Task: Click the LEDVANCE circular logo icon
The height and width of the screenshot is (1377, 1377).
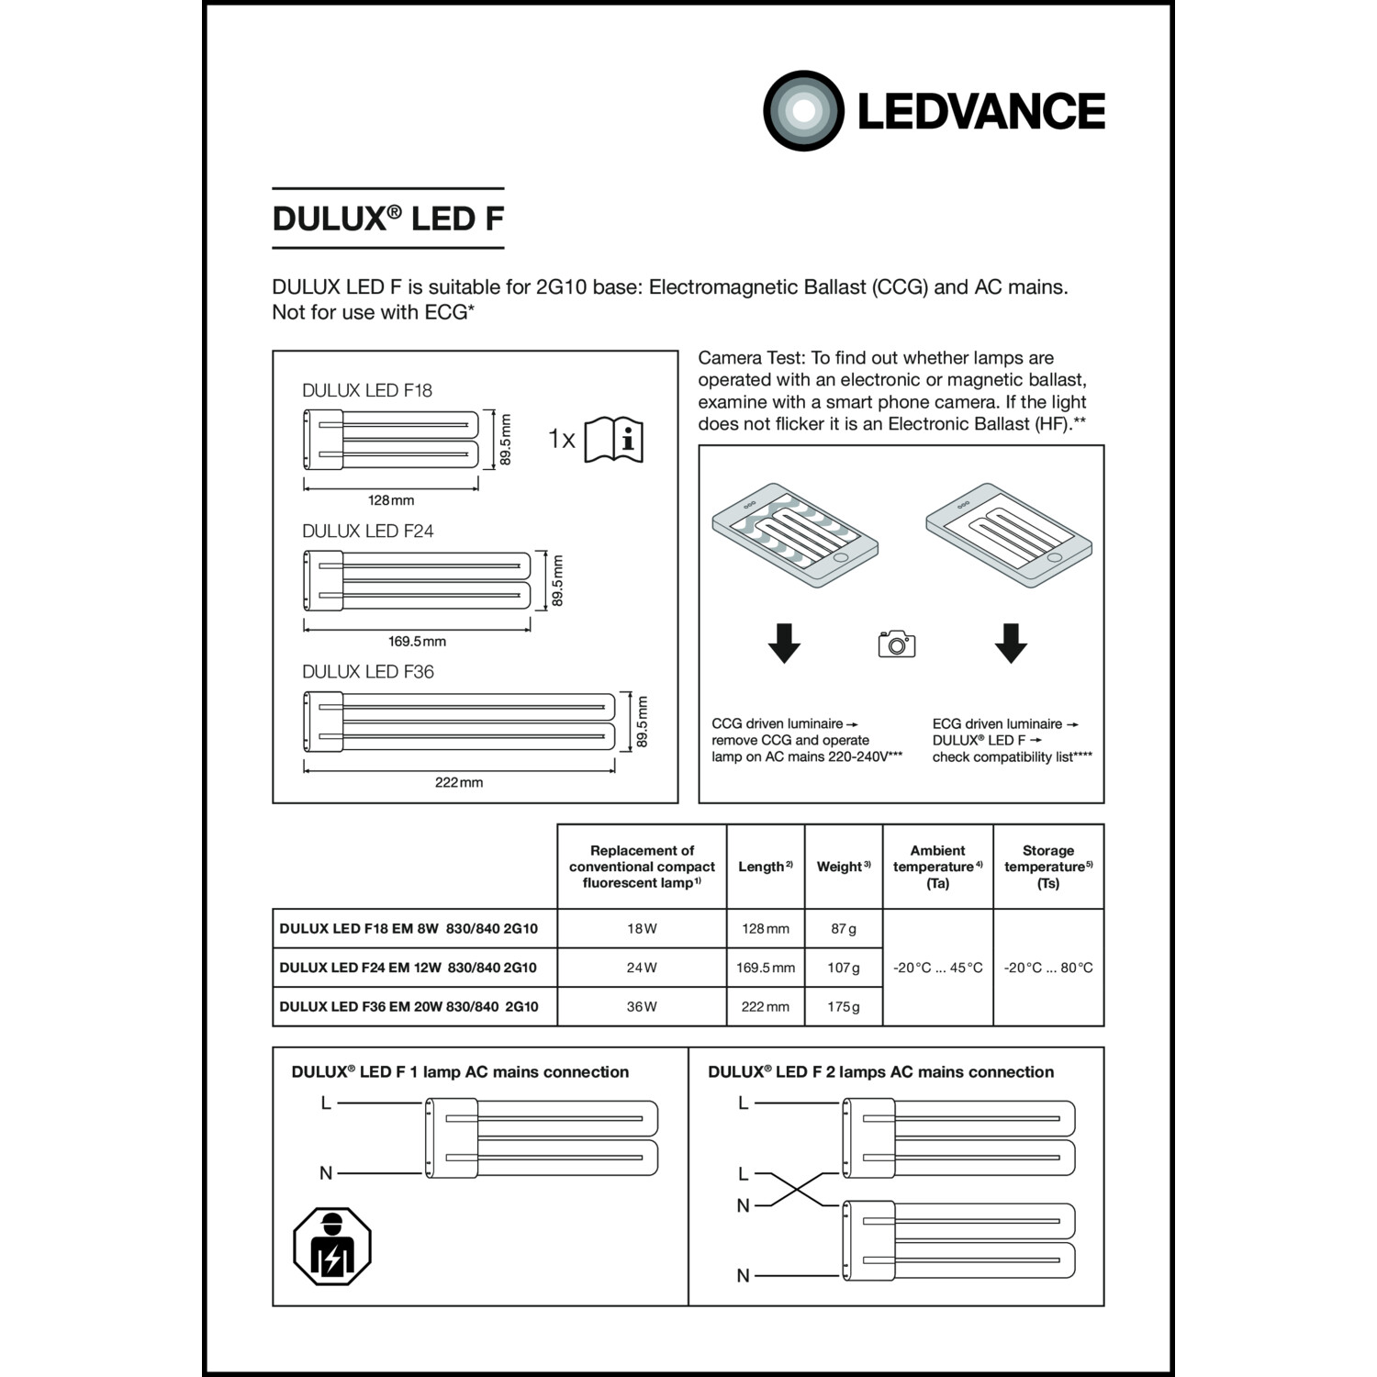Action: (803, 111)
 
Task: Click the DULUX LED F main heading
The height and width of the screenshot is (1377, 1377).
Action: (387, 218)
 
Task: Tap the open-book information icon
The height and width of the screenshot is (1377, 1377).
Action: (613, 440)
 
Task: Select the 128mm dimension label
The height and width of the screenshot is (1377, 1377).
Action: (391, 500)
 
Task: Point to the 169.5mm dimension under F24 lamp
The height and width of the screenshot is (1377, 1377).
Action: (417, 641)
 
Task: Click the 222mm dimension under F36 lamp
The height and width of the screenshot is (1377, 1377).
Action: (458, 782)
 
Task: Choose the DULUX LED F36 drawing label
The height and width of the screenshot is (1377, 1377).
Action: (368, 672)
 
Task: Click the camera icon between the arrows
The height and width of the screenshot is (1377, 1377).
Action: (897, 644)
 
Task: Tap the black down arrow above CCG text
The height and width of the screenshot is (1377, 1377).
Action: (784, 643)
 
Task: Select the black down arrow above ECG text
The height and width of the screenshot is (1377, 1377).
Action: (1011, 643)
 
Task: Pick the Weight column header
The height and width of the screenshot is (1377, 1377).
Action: (843, 867)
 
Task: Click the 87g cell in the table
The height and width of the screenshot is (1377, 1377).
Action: (843, 929)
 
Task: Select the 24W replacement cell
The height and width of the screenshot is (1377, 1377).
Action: (642, 968)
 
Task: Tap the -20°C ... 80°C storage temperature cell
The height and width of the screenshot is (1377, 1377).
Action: (1048, 968)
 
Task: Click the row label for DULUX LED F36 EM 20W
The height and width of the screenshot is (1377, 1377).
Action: (409, 1007)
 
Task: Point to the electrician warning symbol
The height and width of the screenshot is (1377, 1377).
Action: (332, 1246)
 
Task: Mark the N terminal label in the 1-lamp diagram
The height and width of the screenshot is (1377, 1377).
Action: (326, 1173)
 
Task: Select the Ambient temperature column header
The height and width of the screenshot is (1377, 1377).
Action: (937, 867)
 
